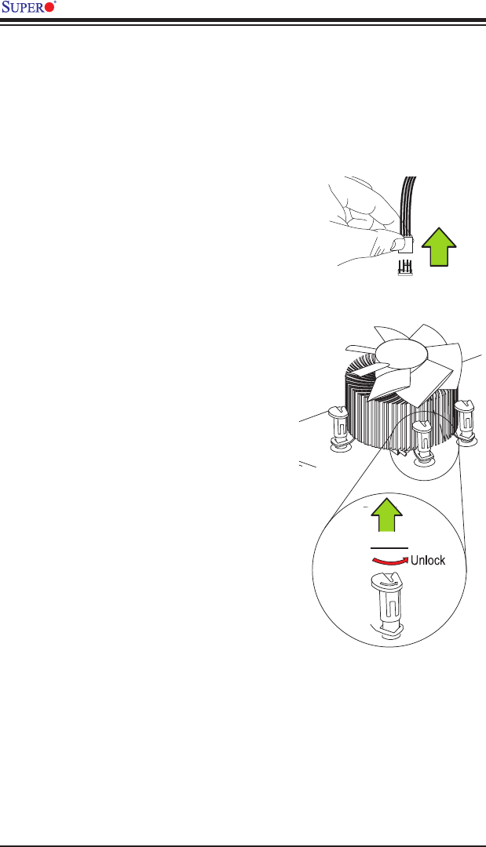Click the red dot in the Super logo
click(50, 8)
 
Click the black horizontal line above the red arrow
click(389, 547)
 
